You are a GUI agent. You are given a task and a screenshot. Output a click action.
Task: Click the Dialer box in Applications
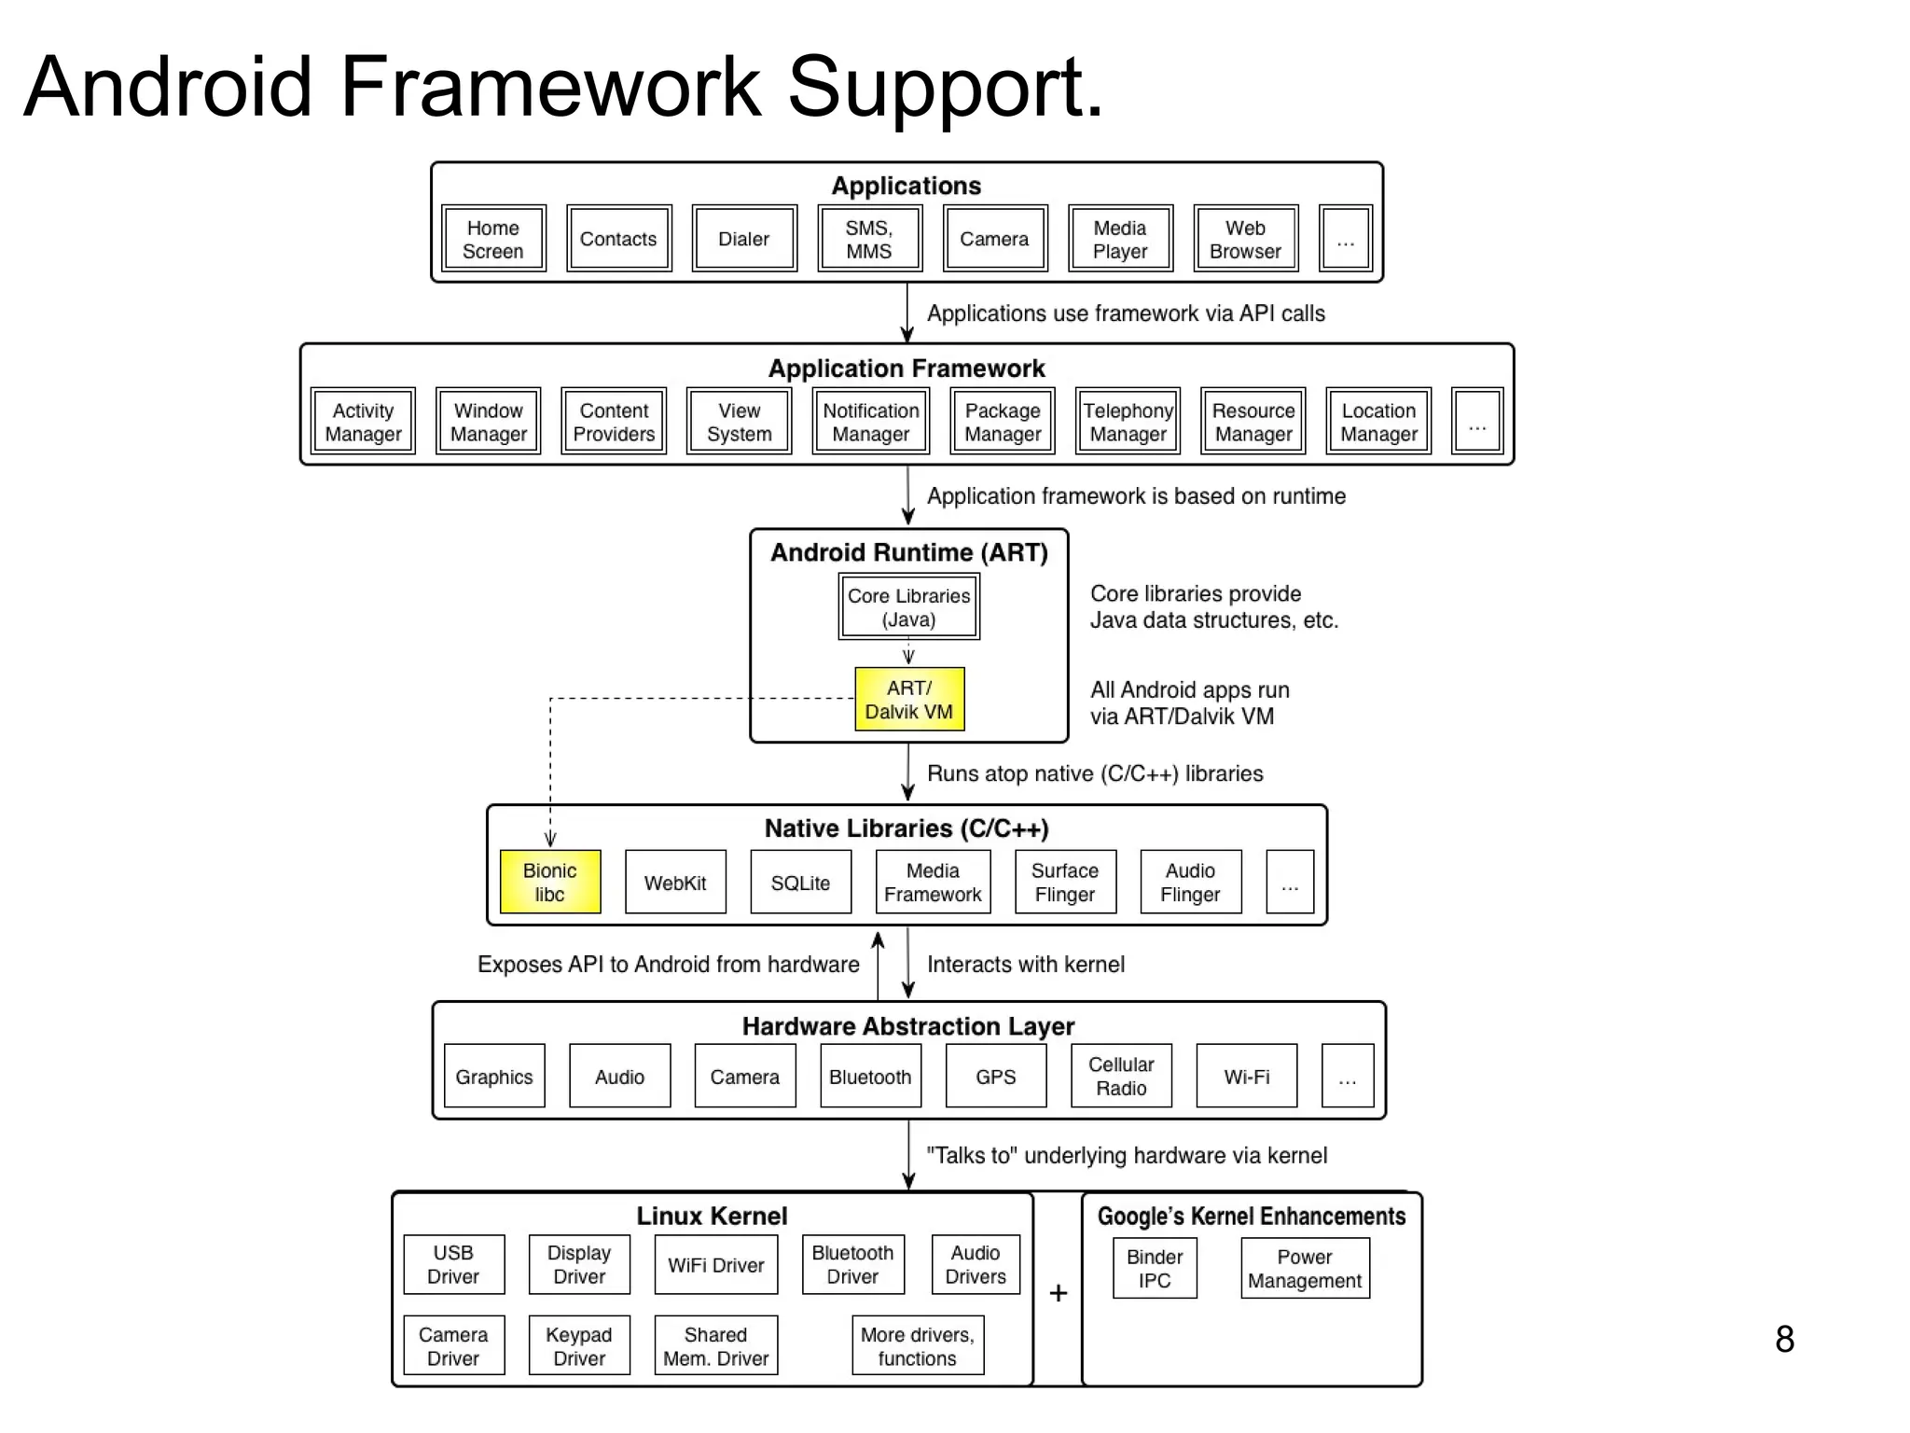[744, 239]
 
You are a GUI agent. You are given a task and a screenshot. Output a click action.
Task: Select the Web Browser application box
[1245, 239]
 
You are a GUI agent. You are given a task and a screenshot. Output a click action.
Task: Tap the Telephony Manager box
[1128, 422]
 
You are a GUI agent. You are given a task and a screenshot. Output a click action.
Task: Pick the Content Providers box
[614, 422]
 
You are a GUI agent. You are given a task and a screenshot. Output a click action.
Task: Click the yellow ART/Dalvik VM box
[909, 700]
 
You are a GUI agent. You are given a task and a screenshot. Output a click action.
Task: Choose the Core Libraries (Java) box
[909, 607]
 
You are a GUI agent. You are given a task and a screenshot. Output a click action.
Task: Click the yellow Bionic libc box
[550, 882]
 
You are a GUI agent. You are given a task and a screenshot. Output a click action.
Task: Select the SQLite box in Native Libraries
[800, 882]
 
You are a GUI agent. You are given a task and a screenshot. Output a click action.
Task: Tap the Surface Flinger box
[1065, 882]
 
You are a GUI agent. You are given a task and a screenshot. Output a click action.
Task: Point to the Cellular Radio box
[1121, 1076]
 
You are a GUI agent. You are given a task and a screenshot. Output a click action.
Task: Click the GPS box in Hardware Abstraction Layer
[996, 1076]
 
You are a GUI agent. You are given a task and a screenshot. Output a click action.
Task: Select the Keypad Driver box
[579, 1345]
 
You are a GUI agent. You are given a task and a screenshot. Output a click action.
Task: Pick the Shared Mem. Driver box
[715, 1345]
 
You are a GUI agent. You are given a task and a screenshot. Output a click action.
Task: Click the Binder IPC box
[1155, 1268]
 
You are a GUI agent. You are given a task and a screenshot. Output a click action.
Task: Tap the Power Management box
[1305, 1268]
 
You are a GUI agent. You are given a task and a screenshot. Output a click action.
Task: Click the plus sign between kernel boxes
[1058, 1293]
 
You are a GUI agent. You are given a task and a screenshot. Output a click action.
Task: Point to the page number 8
[1784, 1339]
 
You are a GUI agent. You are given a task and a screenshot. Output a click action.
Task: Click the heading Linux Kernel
[712, 1216]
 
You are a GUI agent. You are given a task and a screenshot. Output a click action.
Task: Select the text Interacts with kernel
[1025, 964]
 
